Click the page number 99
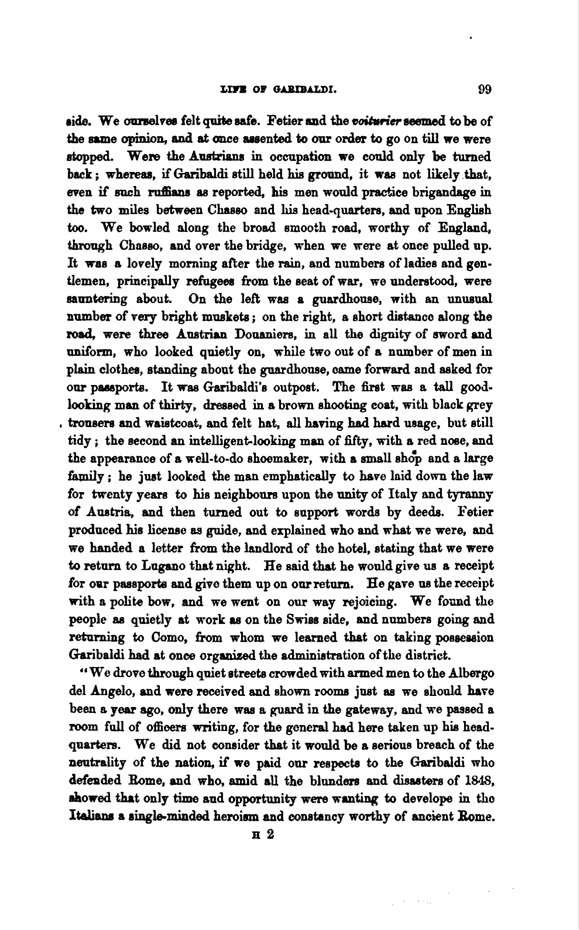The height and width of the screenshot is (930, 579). pos(484,90)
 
